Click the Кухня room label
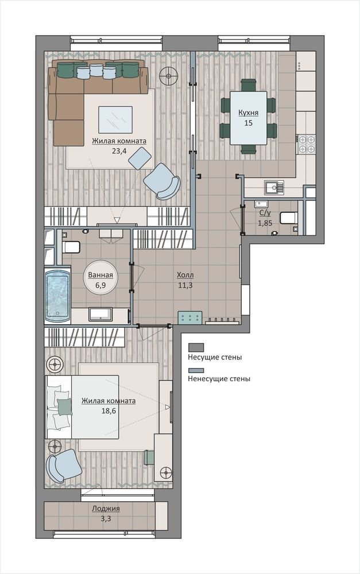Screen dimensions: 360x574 point(248,113)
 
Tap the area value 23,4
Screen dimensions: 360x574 point(119,150)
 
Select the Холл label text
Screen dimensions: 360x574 point(185,275)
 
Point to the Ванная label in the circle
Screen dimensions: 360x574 point(100,276)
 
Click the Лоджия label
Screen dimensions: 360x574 point(106,509)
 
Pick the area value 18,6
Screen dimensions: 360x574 point(109,411)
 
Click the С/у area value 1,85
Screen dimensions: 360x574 point(265,223)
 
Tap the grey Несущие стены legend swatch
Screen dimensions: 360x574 point(196,347)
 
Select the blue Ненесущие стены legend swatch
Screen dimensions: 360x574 point(196,370)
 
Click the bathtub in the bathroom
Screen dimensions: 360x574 point(57,296)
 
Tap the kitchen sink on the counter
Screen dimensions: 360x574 point(274,187)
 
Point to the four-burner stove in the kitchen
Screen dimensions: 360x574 point(306,144)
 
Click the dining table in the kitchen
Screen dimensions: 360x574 point(248,118)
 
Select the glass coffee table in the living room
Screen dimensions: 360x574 point(115,120)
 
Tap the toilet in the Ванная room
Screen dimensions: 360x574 point(71,247)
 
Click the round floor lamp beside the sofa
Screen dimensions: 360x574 point(168,76)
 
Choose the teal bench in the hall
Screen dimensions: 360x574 point(190,317)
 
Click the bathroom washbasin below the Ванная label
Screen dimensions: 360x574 point(100,315)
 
